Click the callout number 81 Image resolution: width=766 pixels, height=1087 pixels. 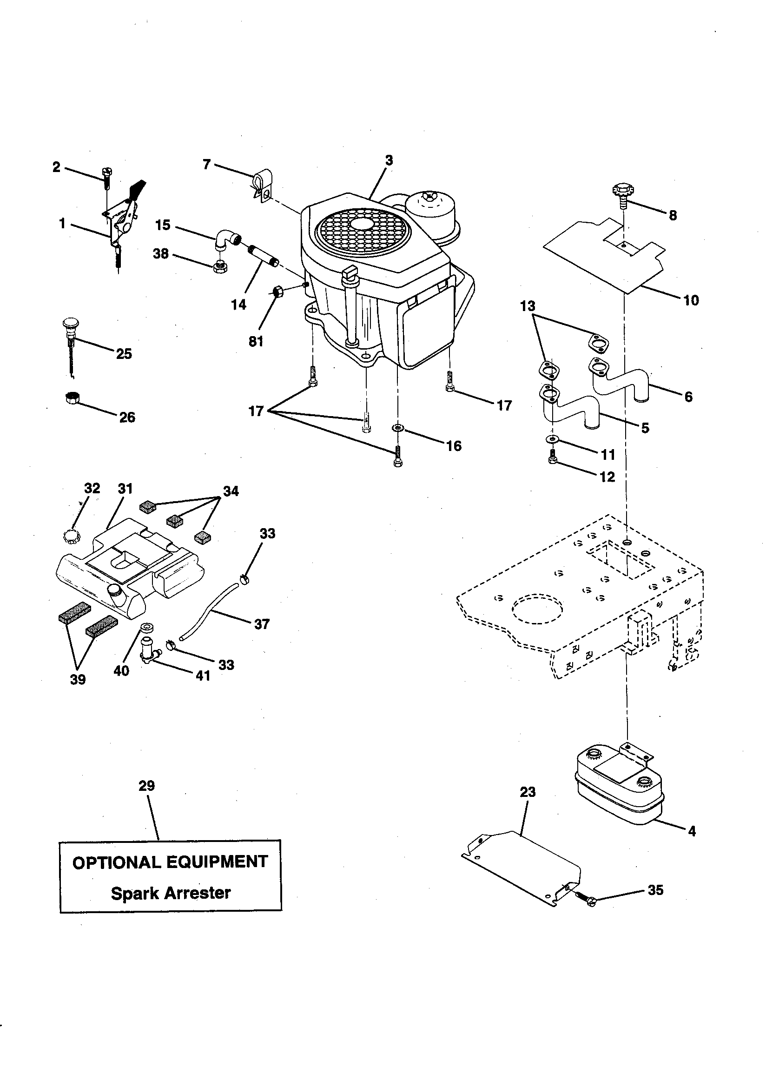point(256,341)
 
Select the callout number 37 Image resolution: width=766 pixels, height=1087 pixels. point(261,624)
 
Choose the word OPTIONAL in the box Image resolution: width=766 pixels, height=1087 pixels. point(111,862)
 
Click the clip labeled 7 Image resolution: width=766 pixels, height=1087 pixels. point(260,186)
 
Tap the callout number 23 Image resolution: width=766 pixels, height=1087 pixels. point(528,792)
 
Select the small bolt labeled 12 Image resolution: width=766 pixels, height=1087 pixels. point(552,458)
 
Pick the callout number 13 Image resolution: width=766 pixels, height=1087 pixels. point(528,306)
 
